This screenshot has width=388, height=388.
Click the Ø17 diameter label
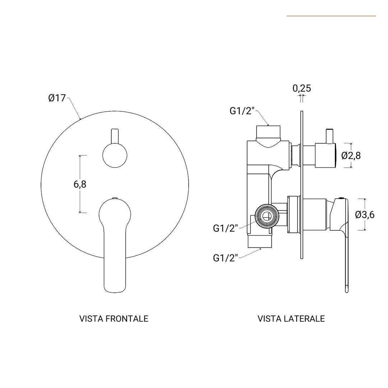coord(57,98)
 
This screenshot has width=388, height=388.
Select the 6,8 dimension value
coord(80,184)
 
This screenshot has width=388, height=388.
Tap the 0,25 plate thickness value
coord(301,88)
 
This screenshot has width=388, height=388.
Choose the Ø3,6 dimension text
coord(365,214)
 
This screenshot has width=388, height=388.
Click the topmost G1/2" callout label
coord(242,111)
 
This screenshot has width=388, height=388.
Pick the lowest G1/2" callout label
coord(226,258)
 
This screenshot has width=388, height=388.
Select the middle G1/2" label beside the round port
coord(226,228)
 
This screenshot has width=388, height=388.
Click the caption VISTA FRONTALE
coord(114,319)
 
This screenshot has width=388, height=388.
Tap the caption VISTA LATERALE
coord(291,319)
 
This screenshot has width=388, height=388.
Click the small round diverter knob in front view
coord(115,156)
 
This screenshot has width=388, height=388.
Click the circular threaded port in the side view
coord(266,216)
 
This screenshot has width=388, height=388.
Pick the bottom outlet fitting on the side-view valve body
coord(260,242)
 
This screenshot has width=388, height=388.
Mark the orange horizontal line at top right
coord(331,16)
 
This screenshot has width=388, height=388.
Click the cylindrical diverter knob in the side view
coord(325,155)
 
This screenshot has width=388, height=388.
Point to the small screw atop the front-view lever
coord(115,198)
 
